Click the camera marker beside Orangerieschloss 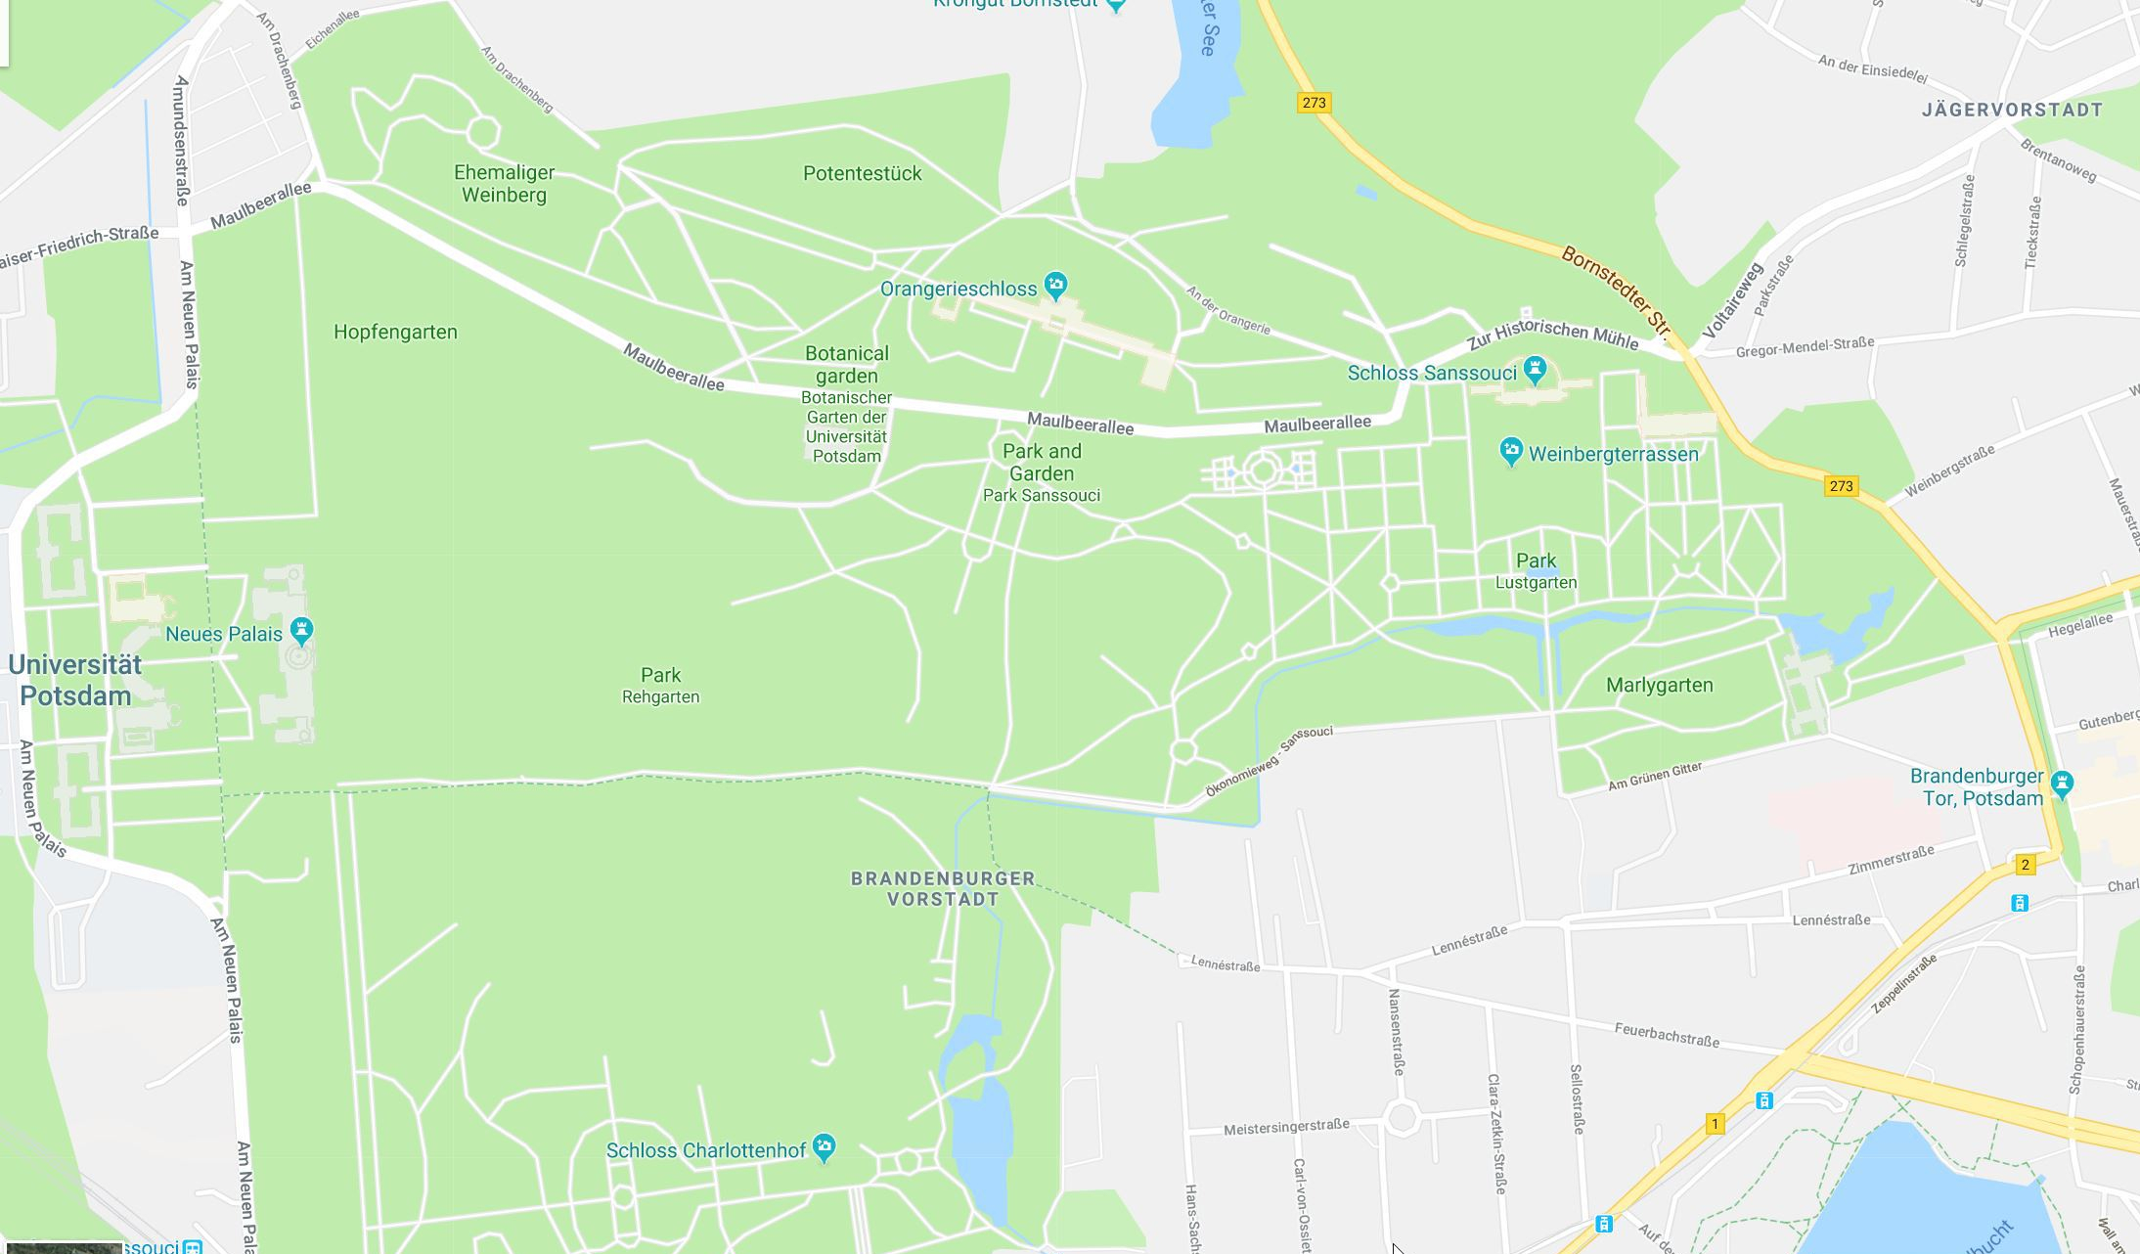pos(1054,285)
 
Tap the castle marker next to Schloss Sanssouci pos(1534,370)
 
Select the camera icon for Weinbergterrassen pos(1511,452)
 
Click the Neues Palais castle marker pos(301,631)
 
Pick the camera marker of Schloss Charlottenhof pos(824,1147)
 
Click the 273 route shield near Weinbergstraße pos(1841,486)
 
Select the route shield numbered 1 pos(1714,1124)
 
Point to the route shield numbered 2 pos(2025,865)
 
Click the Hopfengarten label pos(395,333)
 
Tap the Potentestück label pos(862,174)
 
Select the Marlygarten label pos(1659,686)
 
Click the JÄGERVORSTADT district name pos(2012,110)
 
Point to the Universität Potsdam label pos(75,681)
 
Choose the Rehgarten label pos(660,697)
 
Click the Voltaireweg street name pos(1731,300)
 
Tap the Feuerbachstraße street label pos(1666,1035)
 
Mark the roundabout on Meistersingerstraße pos(1402,1117)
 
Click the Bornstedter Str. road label pos(1619,290)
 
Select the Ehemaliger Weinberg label pos(504,184)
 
